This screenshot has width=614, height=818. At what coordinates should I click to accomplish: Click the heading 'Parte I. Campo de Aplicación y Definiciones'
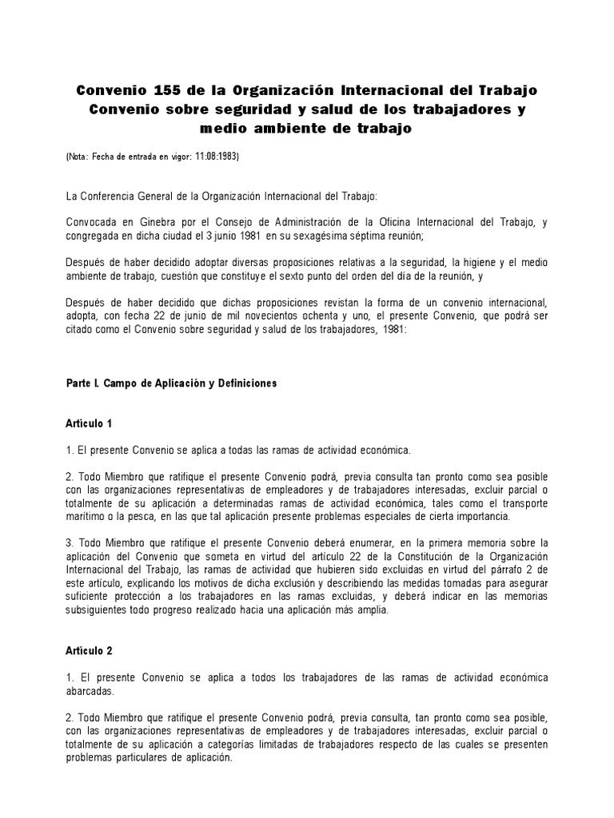pyautogui.click(x=170, y=383)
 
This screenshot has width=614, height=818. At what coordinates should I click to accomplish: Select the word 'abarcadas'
pyautogui.click(x=90, y=692)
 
